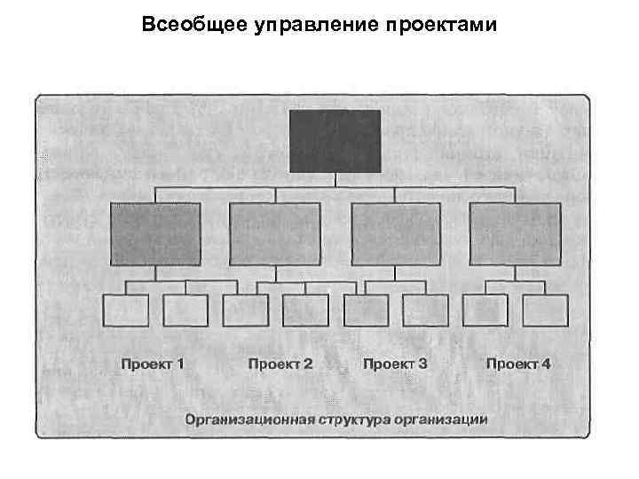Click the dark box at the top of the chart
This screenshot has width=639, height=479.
pos(335,141)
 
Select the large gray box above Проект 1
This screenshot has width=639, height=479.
pos(155,234)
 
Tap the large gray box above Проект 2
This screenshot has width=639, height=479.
pos(275,234)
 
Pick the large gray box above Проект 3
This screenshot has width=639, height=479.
pos(396,234)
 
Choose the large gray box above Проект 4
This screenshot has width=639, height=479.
pos(515,234)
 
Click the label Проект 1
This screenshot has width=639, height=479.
pos(153,364)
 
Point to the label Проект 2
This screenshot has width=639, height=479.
pos(280,364)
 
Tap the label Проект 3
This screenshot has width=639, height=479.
pos(396,364)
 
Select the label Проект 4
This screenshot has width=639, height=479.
pos(518,364)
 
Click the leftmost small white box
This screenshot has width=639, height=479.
pos(126,310)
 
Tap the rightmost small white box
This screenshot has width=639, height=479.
pos(545,310)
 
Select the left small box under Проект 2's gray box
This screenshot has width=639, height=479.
pos(245,310)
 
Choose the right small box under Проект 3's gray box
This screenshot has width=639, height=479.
pos(425,310)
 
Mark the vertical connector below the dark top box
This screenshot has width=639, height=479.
pos(335,180)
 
